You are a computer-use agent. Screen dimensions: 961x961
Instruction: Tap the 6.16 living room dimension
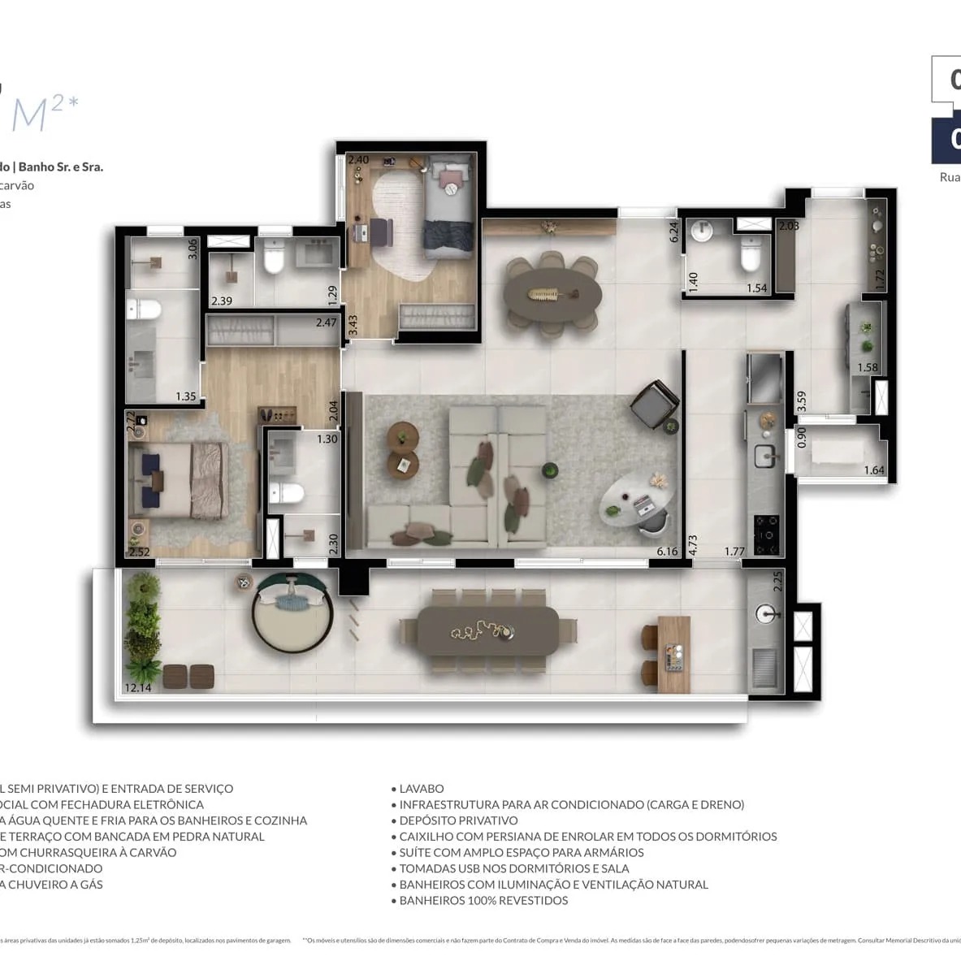coord(667,552)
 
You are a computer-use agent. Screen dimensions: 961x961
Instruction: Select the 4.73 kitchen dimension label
coord(693,543)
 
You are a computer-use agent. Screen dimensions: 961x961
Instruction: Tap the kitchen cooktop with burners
coord(765,530)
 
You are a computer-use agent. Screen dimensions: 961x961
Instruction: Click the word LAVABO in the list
coord(422,789)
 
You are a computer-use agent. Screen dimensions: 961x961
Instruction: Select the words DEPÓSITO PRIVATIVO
coord(458,820)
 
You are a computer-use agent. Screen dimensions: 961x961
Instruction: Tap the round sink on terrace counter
coord(766,614)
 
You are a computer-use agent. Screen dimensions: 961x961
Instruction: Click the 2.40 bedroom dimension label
coord(358,160)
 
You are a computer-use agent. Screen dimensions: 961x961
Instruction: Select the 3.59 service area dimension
coord(801,402)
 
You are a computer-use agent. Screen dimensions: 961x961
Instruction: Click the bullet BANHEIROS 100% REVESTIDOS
coord(483,900)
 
